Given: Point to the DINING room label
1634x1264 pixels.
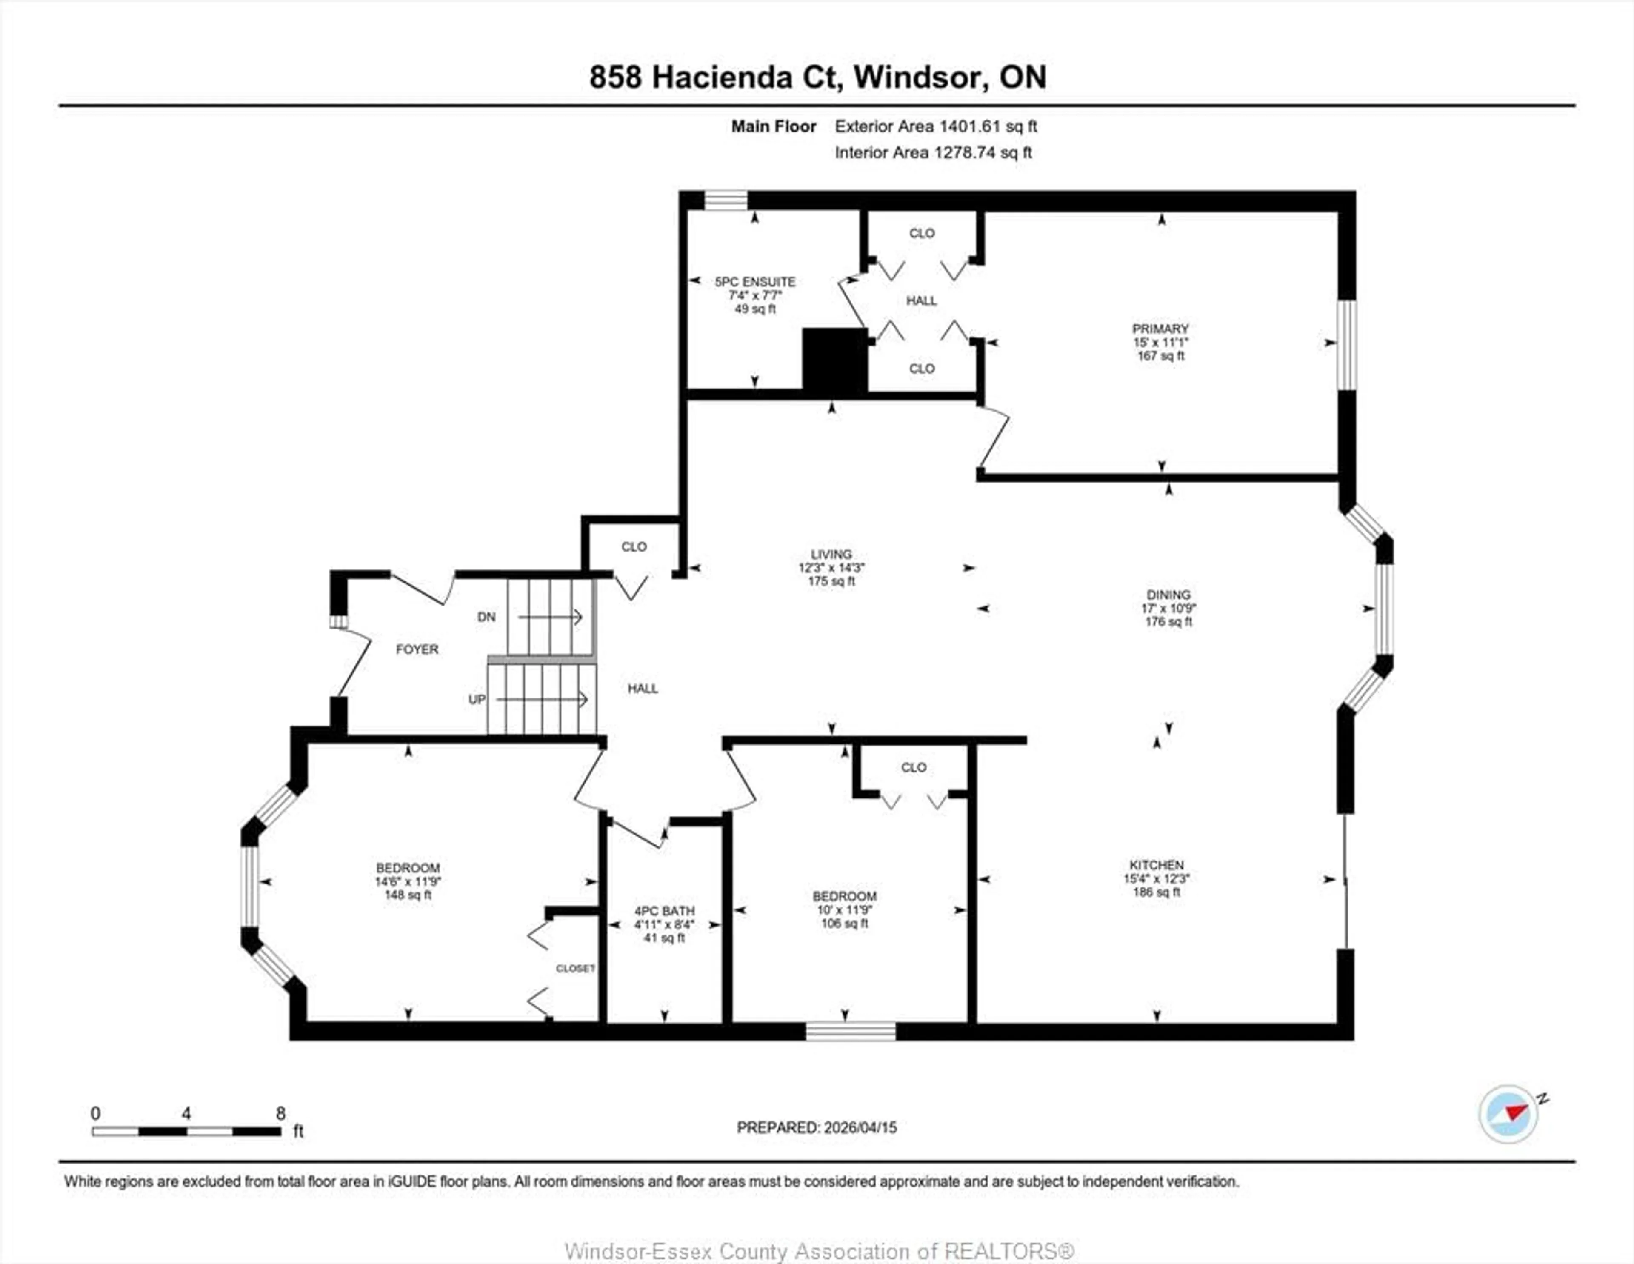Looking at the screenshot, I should (x=1168, y=595).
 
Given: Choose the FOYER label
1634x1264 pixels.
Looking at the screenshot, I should (x=417, y=649).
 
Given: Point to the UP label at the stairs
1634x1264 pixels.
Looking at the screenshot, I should (x=477, y=699).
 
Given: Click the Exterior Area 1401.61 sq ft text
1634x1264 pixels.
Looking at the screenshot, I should (x=935, y=126).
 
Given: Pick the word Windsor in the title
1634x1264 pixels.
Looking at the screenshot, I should (x=918, y=77).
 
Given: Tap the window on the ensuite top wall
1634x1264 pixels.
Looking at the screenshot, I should (x=726, y=200).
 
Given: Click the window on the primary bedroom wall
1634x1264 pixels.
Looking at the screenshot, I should (x=1347, y=344).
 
